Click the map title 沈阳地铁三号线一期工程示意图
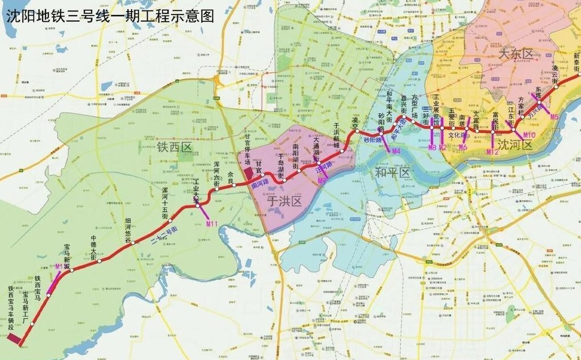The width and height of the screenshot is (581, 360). click(110, 16)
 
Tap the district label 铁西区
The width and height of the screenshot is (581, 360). click(174, 148)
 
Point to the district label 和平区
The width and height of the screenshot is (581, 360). click(392, 172)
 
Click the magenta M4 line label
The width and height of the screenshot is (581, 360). click(395, 151)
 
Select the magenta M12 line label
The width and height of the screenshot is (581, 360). click(492, 152)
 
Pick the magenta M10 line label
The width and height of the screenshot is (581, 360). click(529, 135)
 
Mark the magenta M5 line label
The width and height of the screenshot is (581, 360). click(554, 117)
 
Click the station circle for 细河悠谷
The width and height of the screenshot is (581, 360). click(133, 243)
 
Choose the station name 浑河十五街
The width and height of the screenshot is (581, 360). click(165, 202)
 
